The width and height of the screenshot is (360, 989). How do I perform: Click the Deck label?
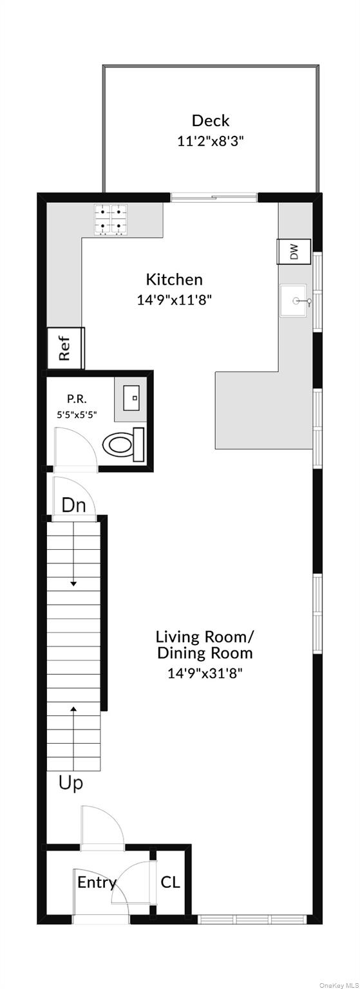pos(210,120)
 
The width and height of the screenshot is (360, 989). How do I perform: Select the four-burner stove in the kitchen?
pos(110,220)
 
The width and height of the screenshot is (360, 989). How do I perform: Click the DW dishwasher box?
pos(294,252)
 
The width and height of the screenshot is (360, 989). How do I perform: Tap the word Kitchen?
pos(174,279)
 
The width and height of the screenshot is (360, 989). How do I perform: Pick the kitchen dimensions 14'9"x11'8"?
pos(174,300)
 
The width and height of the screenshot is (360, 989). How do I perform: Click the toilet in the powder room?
pos(123,444)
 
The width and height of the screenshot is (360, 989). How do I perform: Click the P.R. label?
pos(77,399)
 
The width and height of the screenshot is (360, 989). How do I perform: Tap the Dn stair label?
pos(73,505)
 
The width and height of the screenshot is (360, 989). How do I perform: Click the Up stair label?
pos(71,783)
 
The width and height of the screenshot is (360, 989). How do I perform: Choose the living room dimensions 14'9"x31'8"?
pos(205,673)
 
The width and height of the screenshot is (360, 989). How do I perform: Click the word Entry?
pos(97,883)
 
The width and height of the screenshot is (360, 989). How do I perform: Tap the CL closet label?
pos(170,882)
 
